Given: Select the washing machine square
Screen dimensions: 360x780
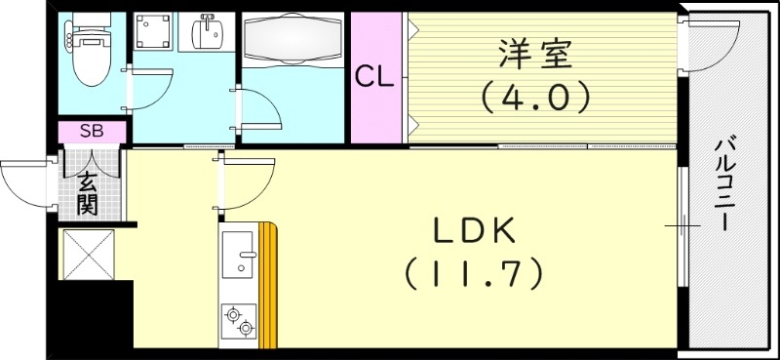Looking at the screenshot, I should pyautogui.click(x=152, y=35).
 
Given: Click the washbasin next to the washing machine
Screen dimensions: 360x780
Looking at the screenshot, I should pyautogui.click(x=207, y=35).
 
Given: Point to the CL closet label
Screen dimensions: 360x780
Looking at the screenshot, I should pyautogui.click(x=373, y=77).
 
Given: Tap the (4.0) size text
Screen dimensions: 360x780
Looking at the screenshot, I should pyautogui.click(x=532, y=97).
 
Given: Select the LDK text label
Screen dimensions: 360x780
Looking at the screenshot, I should pyautogui.click(x=474, y=233).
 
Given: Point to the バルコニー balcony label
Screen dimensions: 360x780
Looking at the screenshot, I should pyautogui.click(x=723, y=183).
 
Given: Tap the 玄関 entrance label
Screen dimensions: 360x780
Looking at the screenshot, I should pyautogui.click(x=88, y=191).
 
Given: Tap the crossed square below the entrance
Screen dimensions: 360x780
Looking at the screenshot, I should pyautogui.click(x=90, y=255).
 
